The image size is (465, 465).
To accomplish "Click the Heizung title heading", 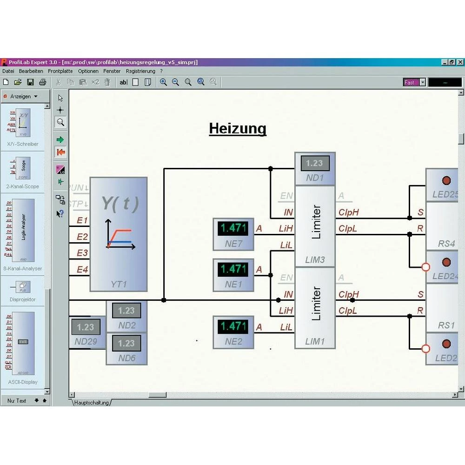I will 238,128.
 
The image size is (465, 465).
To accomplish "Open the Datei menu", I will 8,71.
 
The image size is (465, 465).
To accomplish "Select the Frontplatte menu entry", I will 60,71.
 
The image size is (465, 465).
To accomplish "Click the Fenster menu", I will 112,71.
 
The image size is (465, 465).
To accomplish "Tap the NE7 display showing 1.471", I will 233,228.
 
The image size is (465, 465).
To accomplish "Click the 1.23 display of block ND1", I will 315,163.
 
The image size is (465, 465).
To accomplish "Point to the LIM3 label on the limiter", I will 315,260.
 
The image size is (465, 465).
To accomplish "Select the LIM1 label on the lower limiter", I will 315,342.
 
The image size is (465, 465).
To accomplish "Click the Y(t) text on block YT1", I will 120,203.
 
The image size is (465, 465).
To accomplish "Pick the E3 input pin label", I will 82,253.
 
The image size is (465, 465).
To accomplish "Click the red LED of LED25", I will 446,180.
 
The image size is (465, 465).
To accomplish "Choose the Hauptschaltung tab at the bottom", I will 92,403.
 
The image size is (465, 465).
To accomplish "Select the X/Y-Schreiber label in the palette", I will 23,144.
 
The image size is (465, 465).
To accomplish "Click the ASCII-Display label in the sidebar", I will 23,382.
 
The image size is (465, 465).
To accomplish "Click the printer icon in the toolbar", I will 43,82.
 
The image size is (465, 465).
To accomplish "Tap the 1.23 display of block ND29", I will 86,327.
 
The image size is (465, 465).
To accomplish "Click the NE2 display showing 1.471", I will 233,326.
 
